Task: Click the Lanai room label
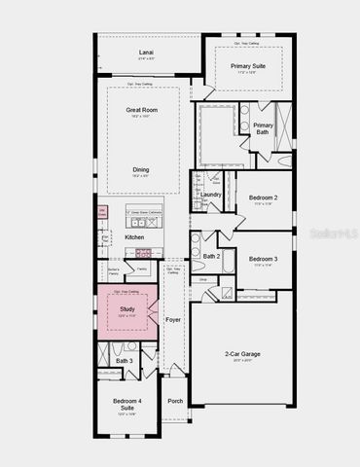click(145, 53)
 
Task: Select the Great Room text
click(142, 111)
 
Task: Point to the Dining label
click(141, 169)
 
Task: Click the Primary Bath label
click(263, 129)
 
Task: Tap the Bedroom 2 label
click(262, 198)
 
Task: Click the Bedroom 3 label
click(263, 259)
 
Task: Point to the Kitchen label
click(133, 236)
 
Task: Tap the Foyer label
click(173, 318)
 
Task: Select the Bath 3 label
click(124, 361)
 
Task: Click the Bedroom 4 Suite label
click(123, 405)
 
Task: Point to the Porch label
click(175, 401)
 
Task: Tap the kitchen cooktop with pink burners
click(143, 252)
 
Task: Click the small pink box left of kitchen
click(101, 211)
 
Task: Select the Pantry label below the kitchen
click(141, 268)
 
